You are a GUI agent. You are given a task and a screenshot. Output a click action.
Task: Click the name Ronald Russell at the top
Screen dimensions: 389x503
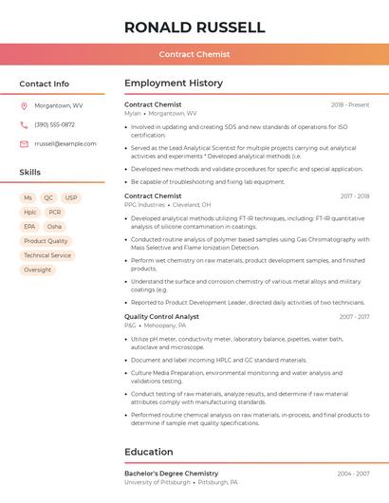[x=194, y=28]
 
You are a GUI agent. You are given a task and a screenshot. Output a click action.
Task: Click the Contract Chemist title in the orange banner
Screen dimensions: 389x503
[x=194, y=54]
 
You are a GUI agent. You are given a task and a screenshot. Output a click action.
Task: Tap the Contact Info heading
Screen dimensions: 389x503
[x=45, y=84]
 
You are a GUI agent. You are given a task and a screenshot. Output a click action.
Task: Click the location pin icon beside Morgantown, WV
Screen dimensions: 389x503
[x=24, y=105]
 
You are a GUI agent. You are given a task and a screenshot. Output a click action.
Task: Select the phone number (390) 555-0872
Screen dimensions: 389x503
[x=54, y=124]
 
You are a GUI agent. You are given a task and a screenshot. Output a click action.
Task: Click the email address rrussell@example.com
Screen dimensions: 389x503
[x=65, y=143]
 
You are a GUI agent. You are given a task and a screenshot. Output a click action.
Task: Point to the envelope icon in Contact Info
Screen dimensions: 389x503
[x=24, y=143]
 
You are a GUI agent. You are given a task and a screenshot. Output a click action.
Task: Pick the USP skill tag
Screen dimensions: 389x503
[x=71, y=198]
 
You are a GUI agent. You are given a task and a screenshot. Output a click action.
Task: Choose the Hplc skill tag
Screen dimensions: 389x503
[x=30, y=213]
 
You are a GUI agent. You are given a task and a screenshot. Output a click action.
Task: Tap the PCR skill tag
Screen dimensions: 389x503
[x=55, y=213]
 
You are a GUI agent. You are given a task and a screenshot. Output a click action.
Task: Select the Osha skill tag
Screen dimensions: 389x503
[x=54, y=227]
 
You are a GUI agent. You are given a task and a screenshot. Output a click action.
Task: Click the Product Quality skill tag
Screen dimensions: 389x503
[x=46, y=241]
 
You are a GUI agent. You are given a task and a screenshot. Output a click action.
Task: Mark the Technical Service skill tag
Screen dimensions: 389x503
[x=47, y=255]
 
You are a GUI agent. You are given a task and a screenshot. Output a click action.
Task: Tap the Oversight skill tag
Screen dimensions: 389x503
[x=38, y=270]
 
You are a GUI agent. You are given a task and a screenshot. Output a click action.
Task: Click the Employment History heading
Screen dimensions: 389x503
[x=173, y=84]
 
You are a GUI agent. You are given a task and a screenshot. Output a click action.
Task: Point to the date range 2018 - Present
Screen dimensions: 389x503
[x=350, y=104]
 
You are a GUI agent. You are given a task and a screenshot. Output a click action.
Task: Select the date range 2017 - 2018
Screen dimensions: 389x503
[x=355, y=196]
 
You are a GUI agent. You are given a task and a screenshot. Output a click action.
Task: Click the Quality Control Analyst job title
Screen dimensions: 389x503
[x=161, y=317]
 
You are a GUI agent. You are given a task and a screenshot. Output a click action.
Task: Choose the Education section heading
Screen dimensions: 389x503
[x=148, y=452]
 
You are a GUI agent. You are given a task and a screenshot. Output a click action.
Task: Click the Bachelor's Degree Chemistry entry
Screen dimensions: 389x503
[x=171, y=473]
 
